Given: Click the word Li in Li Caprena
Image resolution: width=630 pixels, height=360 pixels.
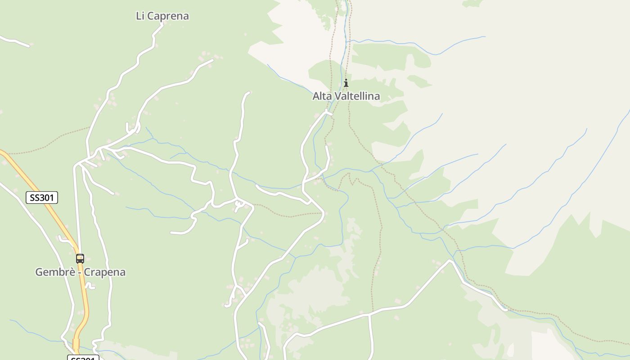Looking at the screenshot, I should pos(140,16).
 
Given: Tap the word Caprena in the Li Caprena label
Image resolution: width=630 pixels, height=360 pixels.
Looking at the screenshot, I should pos(168,16).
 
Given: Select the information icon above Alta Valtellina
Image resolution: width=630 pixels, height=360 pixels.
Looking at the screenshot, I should pos(346,83).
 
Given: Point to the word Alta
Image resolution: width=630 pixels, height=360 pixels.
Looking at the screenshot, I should pos(322,96).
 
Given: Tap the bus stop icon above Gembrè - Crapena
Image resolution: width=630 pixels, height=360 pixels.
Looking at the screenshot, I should pos(80,259).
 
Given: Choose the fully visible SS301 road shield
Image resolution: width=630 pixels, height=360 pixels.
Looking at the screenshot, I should pos(42,198).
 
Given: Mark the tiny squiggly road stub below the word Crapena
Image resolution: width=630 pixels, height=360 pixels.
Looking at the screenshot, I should pos(90,286).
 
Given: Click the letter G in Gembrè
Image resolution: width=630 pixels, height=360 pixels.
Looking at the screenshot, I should pos(39,272).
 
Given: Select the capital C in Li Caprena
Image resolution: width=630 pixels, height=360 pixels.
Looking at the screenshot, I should pos(151,16).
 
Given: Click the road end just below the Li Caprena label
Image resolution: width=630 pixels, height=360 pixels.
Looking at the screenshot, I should pos(162,25).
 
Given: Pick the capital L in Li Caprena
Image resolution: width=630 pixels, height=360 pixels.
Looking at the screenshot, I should pos(138,16).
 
